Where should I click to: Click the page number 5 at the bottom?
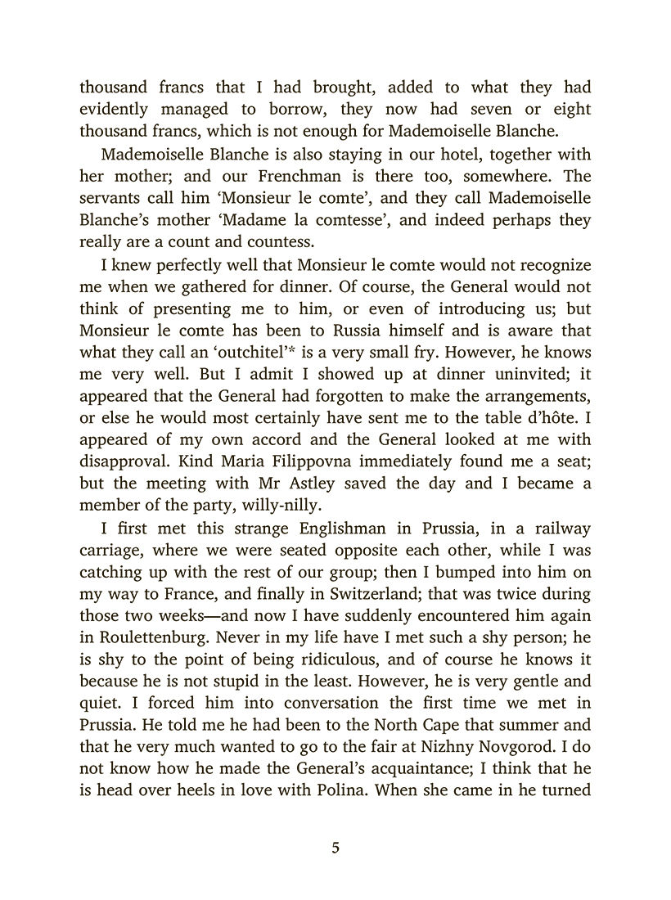tap(335, 848)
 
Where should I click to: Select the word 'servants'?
tap(112, 198)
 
